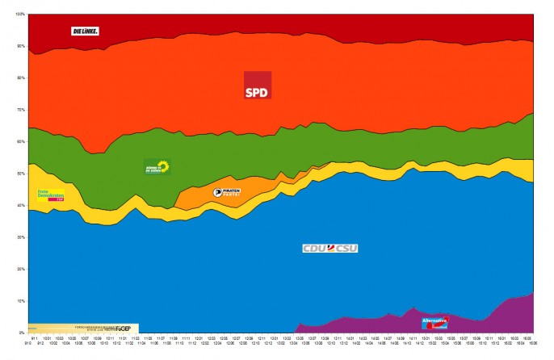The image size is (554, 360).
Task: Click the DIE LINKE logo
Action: coord(85,31)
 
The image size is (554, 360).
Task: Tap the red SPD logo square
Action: coord(258,85)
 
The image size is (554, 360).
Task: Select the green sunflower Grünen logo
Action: coord(157,167)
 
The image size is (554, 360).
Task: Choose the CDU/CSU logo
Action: coord(329,248)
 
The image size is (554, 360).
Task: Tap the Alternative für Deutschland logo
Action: coord(434,322)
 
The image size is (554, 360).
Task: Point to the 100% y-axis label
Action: coord(20,15)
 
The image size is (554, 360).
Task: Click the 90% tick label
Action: coord(21,46)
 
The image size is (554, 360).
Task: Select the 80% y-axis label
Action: coord(21,78)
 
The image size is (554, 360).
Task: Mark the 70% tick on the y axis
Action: coord(21,110)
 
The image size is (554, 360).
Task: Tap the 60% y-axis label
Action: coord(21,142)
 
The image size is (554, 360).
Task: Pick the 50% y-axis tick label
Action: coord(21,174)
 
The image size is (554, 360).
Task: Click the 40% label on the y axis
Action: coord(21,205)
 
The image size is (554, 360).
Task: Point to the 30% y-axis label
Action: coord(21,237)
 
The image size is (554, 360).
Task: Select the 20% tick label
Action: coord(21,269)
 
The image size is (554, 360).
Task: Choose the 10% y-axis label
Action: coord(21,301)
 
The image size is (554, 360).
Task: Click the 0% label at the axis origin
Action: coord(22,333)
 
